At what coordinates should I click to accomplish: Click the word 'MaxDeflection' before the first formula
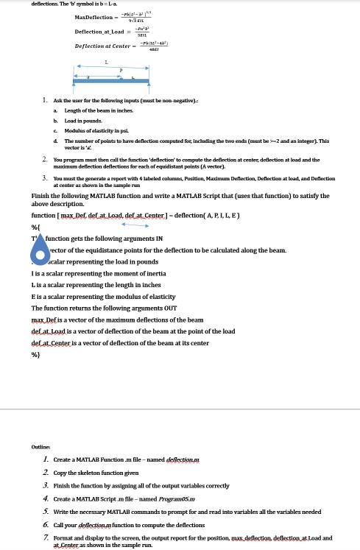click(93, 17)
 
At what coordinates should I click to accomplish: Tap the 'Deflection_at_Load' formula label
click(96, 32)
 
